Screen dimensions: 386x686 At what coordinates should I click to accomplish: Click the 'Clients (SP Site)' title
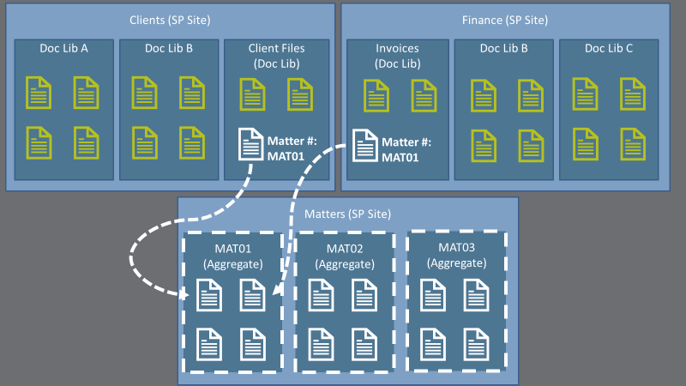[170, 20]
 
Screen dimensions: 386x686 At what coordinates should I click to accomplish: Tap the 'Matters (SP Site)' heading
[348, 214]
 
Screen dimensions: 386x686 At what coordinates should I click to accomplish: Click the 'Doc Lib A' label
[64, 49]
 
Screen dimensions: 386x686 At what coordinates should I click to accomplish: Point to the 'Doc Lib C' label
[609, 49]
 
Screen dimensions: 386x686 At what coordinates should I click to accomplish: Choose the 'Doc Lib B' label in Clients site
[169, 49]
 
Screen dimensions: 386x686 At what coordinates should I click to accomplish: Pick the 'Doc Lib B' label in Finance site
[504, 49]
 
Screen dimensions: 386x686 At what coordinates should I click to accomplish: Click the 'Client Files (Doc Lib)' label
[276, 56]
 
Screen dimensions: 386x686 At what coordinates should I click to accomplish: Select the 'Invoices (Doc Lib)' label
[397, 56]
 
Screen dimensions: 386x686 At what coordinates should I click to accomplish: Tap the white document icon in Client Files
[251, 143]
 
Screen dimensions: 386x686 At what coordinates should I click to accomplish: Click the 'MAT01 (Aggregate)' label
[231, 256]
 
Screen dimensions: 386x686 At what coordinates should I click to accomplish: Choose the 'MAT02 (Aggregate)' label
[344, 256]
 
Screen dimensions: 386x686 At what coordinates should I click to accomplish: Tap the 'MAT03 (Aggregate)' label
[456, 255]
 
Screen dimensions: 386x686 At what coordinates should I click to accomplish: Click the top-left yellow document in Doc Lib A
[37, 91]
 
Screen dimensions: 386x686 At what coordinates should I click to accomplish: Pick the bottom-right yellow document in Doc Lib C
[632, 143]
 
